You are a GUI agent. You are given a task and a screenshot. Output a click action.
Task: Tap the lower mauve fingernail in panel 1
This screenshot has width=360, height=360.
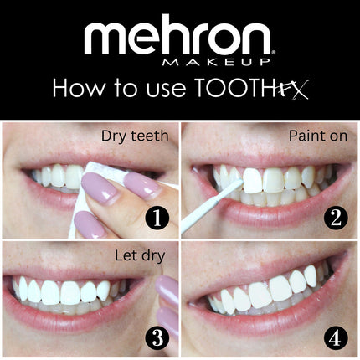pyautogui.click(x=90, y=225)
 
